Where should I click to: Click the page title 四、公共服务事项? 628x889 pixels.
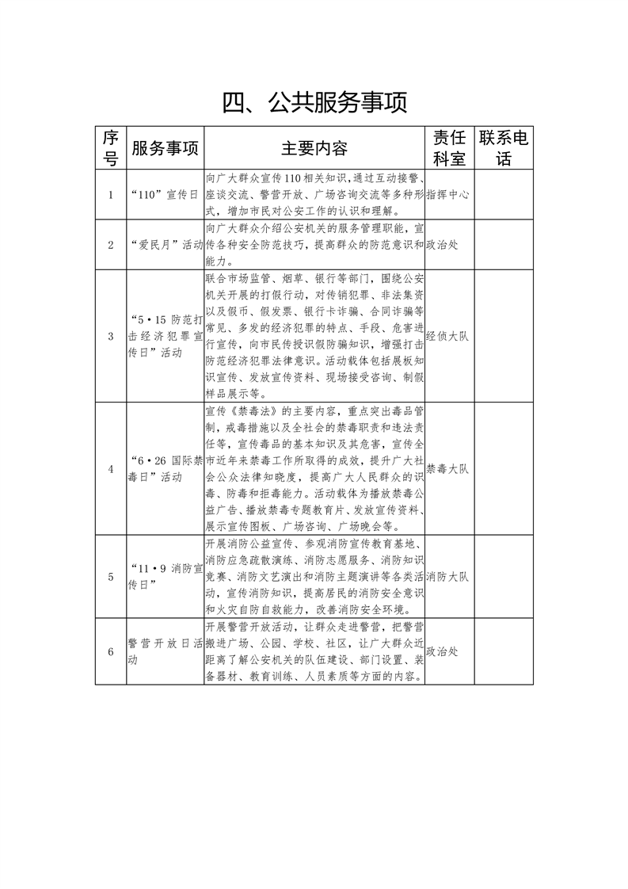(x=314, y=103)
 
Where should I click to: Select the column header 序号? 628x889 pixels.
(x=111, y=147)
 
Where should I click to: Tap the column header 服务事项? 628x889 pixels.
(x=165, y=148)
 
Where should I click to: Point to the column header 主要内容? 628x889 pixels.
(x=314, y=148)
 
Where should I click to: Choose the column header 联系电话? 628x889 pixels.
(x=504, y=147)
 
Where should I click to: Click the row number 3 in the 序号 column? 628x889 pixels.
(x=111, y=335)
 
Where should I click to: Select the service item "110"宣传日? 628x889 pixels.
(x=165, y=193)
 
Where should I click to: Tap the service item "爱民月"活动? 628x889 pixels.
(x=165, y=244)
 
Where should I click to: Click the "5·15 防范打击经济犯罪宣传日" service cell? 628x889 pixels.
(x=165, y=335)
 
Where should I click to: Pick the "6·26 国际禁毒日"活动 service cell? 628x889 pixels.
(x=165, y=469)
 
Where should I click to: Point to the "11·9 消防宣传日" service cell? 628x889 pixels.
(x=165, y=576)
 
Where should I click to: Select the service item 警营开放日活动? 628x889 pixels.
(x=165, y=651)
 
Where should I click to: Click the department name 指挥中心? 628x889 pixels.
(x=448, y=193)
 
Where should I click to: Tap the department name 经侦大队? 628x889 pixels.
(x=447, y=335)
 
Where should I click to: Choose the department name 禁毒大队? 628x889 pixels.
(x=447, y=469)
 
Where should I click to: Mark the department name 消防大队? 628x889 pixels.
(x=447, y=576)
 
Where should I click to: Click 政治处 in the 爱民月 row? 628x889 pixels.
(x=443, y=244)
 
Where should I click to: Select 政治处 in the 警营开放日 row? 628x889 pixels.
(x=443, y=651)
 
